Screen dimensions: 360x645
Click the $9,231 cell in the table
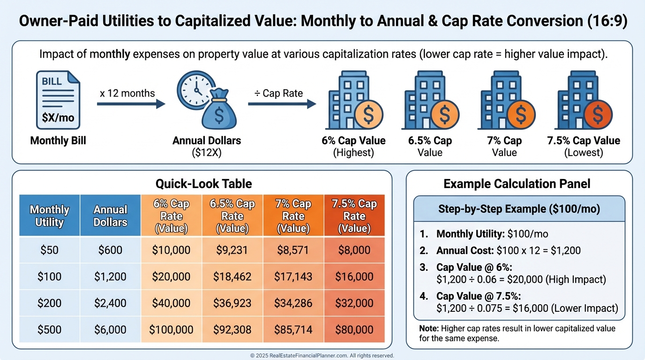(232, 250)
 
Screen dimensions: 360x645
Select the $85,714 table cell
(293, 330)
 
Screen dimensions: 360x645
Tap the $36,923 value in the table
(232, 303)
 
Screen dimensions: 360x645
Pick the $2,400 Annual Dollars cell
(110, 303)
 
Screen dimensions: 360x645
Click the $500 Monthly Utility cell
(49, 330)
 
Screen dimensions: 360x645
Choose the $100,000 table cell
(171, 330)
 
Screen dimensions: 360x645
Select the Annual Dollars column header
(110, 216)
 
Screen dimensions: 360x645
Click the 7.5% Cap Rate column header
(354, 216)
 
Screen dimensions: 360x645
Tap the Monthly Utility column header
(49, 216)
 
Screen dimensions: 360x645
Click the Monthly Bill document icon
(58, 100)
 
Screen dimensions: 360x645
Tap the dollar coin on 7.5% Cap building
(598, 114)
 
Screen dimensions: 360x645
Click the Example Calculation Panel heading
(517, 184)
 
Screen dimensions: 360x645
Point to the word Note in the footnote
(429, 329)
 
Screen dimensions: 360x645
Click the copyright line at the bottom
(322, 356)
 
